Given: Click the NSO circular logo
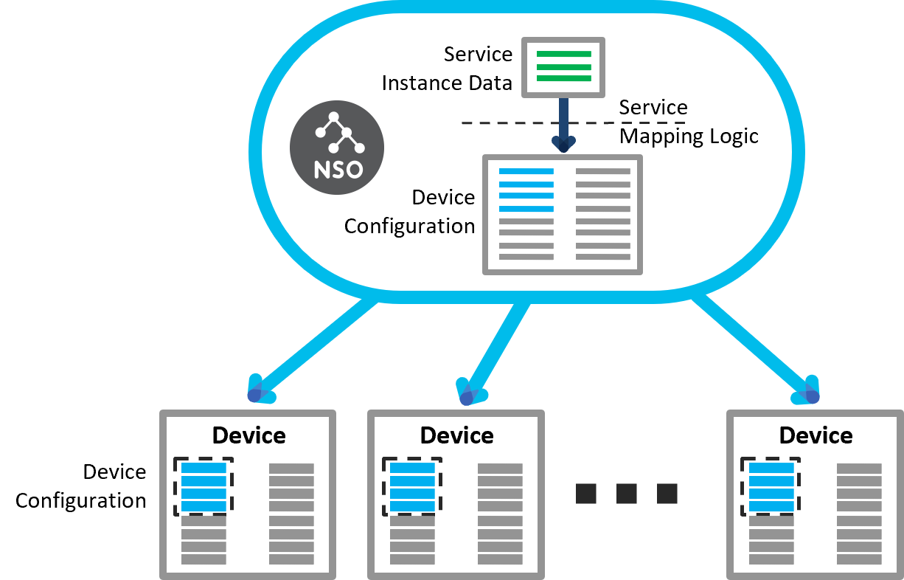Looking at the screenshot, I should click(x=336, y=148).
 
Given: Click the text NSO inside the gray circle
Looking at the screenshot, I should click(x=338, y=170).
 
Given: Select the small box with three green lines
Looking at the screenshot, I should click(x=563, y=67).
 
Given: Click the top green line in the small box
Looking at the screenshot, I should click(x=563, y=55).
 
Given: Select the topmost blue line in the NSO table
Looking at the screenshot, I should click(x=526, y=172).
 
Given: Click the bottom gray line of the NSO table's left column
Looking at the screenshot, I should click(x=526, y=258).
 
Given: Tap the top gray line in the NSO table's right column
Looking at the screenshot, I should click(x=602, y=172).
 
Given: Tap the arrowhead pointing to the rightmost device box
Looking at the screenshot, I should click(x=809, y=393).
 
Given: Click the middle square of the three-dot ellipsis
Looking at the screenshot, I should click(x=627, y=494).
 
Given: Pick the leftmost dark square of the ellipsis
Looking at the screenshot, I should click(x=586, y=494).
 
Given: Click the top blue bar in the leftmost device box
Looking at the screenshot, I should click(x=204, y=469).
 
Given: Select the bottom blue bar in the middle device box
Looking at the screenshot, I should click(x=412, y=507).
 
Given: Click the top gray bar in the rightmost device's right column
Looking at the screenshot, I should click(x=859, y=469).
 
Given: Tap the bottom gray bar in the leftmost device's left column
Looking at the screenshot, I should click(x=204, y=559).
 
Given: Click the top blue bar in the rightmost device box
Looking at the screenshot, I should click(x=771, y=469).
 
